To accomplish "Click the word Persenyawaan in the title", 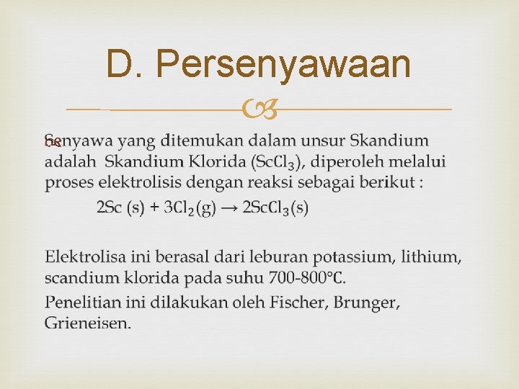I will click(x=283, y=64).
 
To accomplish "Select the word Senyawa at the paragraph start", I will click(x=71, y=140).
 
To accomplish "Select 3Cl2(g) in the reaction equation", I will click(x=190, y=208).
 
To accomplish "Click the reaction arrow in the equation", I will click(x=229, y=208).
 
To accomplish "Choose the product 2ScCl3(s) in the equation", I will click(x=276, y=208).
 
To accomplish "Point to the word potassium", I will click(x=345, y=256).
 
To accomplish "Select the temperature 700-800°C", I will click(x=308, y=277).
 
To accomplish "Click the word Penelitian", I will click(x=79, y=302).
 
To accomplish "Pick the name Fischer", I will click(x=298, y=302).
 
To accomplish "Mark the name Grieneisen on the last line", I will click(x=87, y=323).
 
